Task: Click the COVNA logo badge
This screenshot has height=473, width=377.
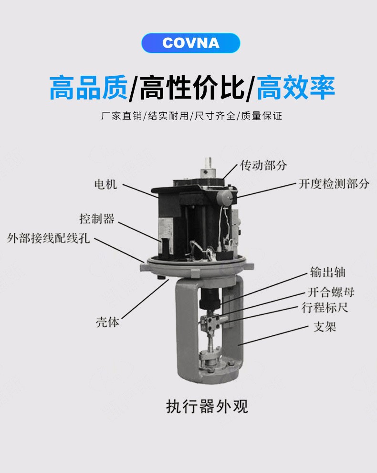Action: (x=191, y=43)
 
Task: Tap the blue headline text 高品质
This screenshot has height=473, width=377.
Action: (x=88, y=88)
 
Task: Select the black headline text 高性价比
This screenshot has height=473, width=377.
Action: (x=192, y=88)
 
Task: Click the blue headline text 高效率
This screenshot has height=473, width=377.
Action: (x=296, y=88)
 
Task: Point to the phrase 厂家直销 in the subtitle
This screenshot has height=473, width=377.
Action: (x=122, y=116)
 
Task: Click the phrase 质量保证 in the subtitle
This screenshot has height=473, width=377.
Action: (x=262, y=116)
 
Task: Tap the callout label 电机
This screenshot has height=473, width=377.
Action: (x=105, y=184)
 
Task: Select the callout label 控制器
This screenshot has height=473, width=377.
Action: (x=97, y=219)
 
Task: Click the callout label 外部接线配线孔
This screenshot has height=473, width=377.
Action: (x=48, y=238)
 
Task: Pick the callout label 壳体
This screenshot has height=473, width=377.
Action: (x=107, y=322)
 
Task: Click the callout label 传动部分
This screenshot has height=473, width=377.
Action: (x=263, y=165)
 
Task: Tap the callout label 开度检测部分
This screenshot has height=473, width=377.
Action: (x=334, y=183)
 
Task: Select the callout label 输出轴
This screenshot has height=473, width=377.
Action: (x=328, y=272)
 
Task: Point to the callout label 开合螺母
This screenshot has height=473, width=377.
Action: (x=331, y=292)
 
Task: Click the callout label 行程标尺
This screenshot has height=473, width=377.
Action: (x=325, y=308)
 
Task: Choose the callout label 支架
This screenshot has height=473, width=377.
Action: (x=325, y=327)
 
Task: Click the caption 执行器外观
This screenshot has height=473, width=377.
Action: (x=207, y=406)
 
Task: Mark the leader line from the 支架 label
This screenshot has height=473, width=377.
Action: (x=273, y=335)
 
